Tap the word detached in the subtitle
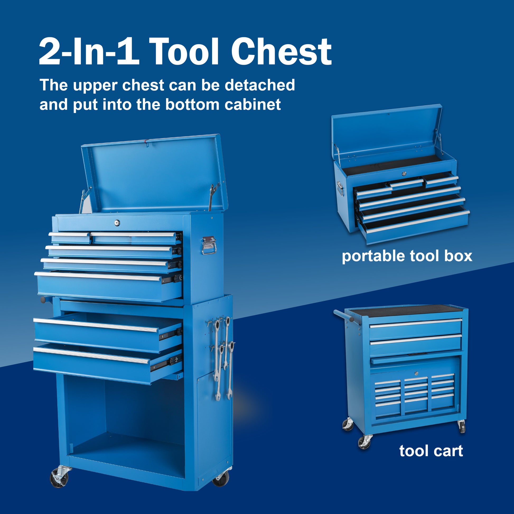[260, 85]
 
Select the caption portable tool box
[407, 256]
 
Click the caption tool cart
[431, 451]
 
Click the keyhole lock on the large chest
[117, 222]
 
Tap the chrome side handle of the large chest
[209, 245]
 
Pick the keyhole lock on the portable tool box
[404, 174]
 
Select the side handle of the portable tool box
[340, 188]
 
